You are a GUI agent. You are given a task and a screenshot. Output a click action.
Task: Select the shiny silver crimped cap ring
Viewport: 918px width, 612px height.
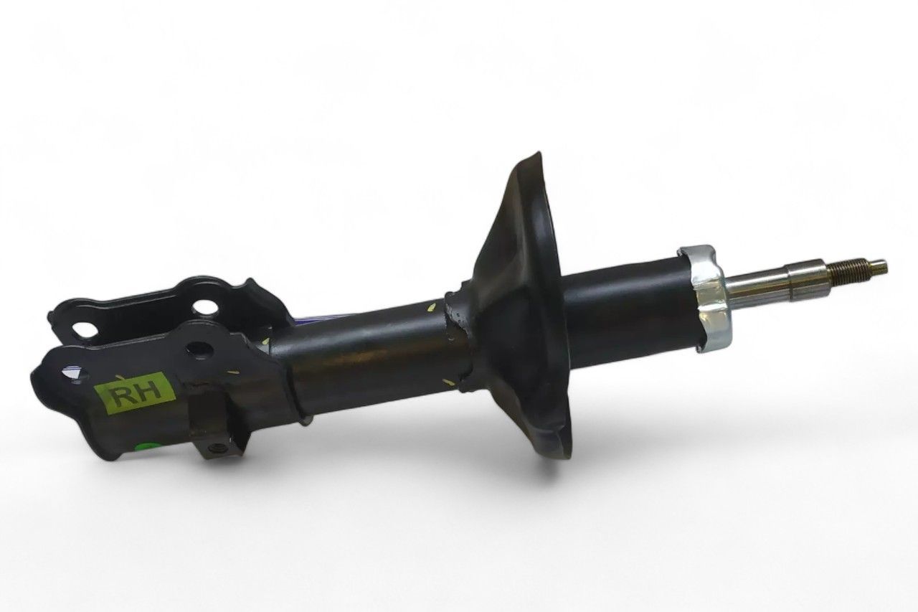706,298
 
